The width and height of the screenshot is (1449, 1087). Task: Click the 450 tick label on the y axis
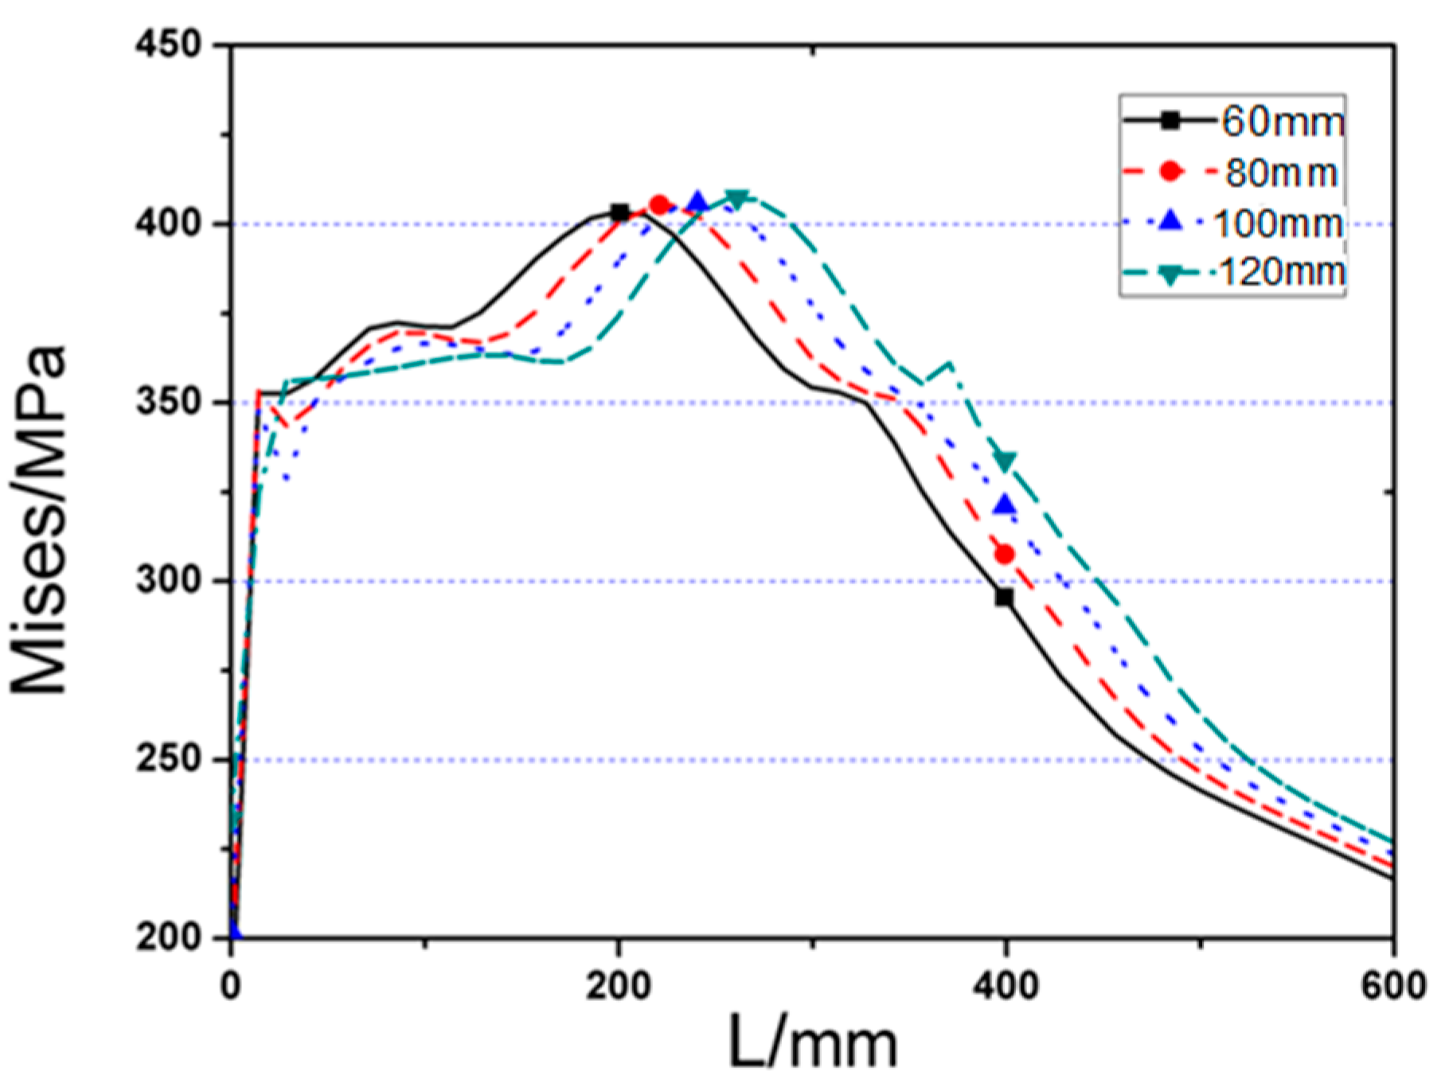(x=169, y=45)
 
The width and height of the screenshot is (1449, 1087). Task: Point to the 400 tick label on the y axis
(x=169, y=224)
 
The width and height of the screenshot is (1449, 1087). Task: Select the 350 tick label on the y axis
(x=169, y=402)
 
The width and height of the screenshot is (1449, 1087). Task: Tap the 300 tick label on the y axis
(x=169, y=581)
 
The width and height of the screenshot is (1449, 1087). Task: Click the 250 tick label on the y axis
(x=169, y=759)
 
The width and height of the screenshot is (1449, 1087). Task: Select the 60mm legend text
(x=1282, y=122)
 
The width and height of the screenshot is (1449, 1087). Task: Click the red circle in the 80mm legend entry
(x=1170, y=171)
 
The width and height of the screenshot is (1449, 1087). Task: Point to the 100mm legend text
(x=1277, y=224)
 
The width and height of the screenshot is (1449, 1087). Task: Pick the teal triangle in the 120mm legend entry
(x=1170, y=275)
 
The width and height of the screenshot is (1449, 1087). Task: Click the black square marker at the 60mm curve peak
(x=619, y=212)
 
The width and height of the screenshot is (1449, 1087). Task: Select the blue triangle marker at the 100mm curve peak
(x=698, y=202)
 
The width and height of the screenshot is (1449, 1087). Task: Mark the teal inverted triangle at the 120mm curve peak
(x=737, y=199)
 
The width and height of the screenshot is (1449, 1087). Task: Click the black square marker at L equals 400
(x=1005, y=597)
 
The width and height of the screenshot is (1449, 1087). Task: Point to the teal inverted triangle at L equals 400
(x=1006, y=462)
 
